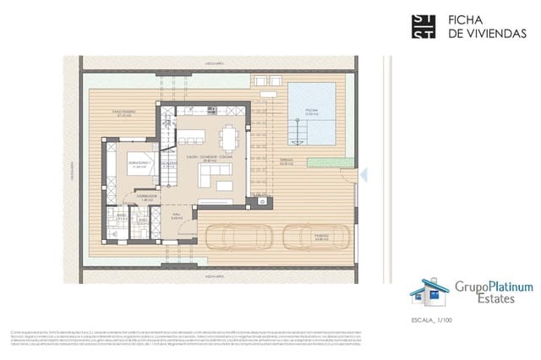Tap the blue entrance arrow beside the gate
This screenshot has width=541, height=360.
tap(363, 175)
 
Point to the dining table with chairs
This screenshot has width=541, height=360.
tap(229, 137)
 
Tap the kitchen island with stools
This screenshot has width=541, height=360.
tap(192, 136)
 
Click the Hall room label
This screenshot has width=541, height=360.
tap(177, 216)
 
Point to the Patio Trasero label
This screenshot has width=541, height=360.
tap(124, 112)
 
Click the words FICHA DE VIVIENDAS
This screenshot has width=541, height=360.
tap(473, 25)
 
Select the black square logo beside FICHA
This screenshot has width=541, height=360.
tap(423, 26)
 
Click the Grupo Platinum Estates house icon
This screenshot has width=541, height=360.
tap(426, 292)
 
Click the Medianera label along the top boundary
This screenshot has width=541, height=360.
tap(213, 63)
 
